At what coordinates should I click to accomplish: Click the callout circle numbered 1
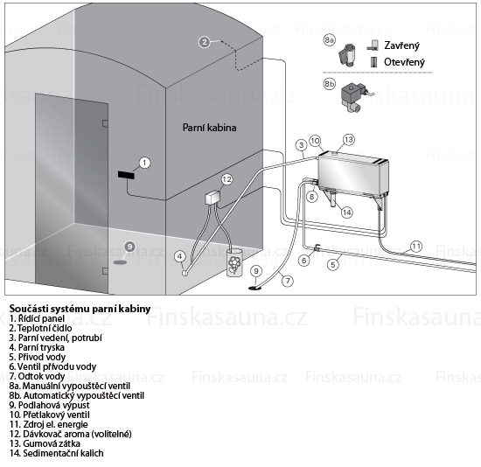click(145, 163)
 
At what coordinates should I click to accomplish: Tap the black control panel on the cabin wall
click(126, 175)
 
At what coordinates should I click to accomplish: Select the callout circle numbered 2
click(205, 42)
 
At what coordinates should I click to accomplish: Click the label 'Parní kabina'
click(210, 128)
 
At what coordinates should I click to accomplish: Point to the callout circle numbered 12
click(227, 179)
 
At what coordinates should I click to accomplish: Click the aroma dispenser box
click(213, 197)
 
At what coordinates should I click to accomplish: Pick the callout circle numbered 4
click(180, 256)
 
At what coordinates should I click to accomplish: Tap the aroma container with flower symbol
click(234, 262)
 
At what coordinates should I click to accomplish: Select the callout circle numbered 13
click(349, 140)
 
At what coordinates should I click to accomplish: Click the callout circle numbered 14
click(347, 213)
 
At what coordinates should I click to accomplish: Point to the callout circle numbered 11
click(416, 247)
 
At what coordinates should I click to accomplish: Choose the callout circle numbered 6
click(304, 261)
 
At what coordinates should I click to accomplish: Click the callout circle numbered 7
click(288, 281)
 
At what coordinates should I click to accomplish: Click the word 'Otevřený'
click(404, 62)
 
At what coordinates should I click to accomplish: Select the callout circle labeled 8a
click(330, 40)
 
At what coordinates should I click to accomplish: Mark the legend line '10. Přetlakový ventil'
click(50, 415)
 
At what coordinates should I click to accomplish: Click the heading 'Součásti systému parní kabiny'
click(80, 309)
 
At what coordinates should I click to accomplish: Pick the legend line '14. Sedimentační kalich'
click(57, 453)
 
